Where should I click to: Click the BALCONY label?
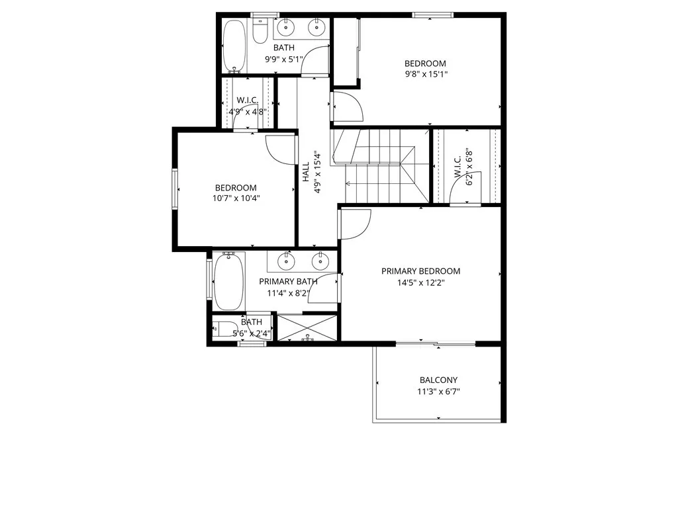click(438, 380)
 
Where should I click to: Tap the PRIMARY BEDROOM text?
click(420, 271)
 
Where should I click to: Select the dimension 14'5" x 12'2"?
click(420, 282)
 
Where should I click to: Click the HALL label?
click(306, 173)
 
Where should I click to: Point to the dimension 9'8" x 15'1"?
click(426, 74)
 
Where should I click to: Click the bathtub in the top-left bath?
click(234, 46)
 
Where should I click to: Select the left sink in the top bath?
click(287, 27)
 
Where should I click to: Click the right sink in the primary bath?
click(322, 261)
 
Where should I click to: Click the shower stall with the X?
click(307, 327)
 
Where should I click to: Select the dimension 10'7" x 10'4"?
click(235, 198)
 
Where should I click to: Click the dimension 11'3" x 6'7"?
click(438, 391)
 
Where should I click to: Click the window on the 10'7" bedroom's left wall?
click(176, 189)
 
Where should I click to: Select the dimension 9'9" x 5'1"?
click(283, 59)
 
